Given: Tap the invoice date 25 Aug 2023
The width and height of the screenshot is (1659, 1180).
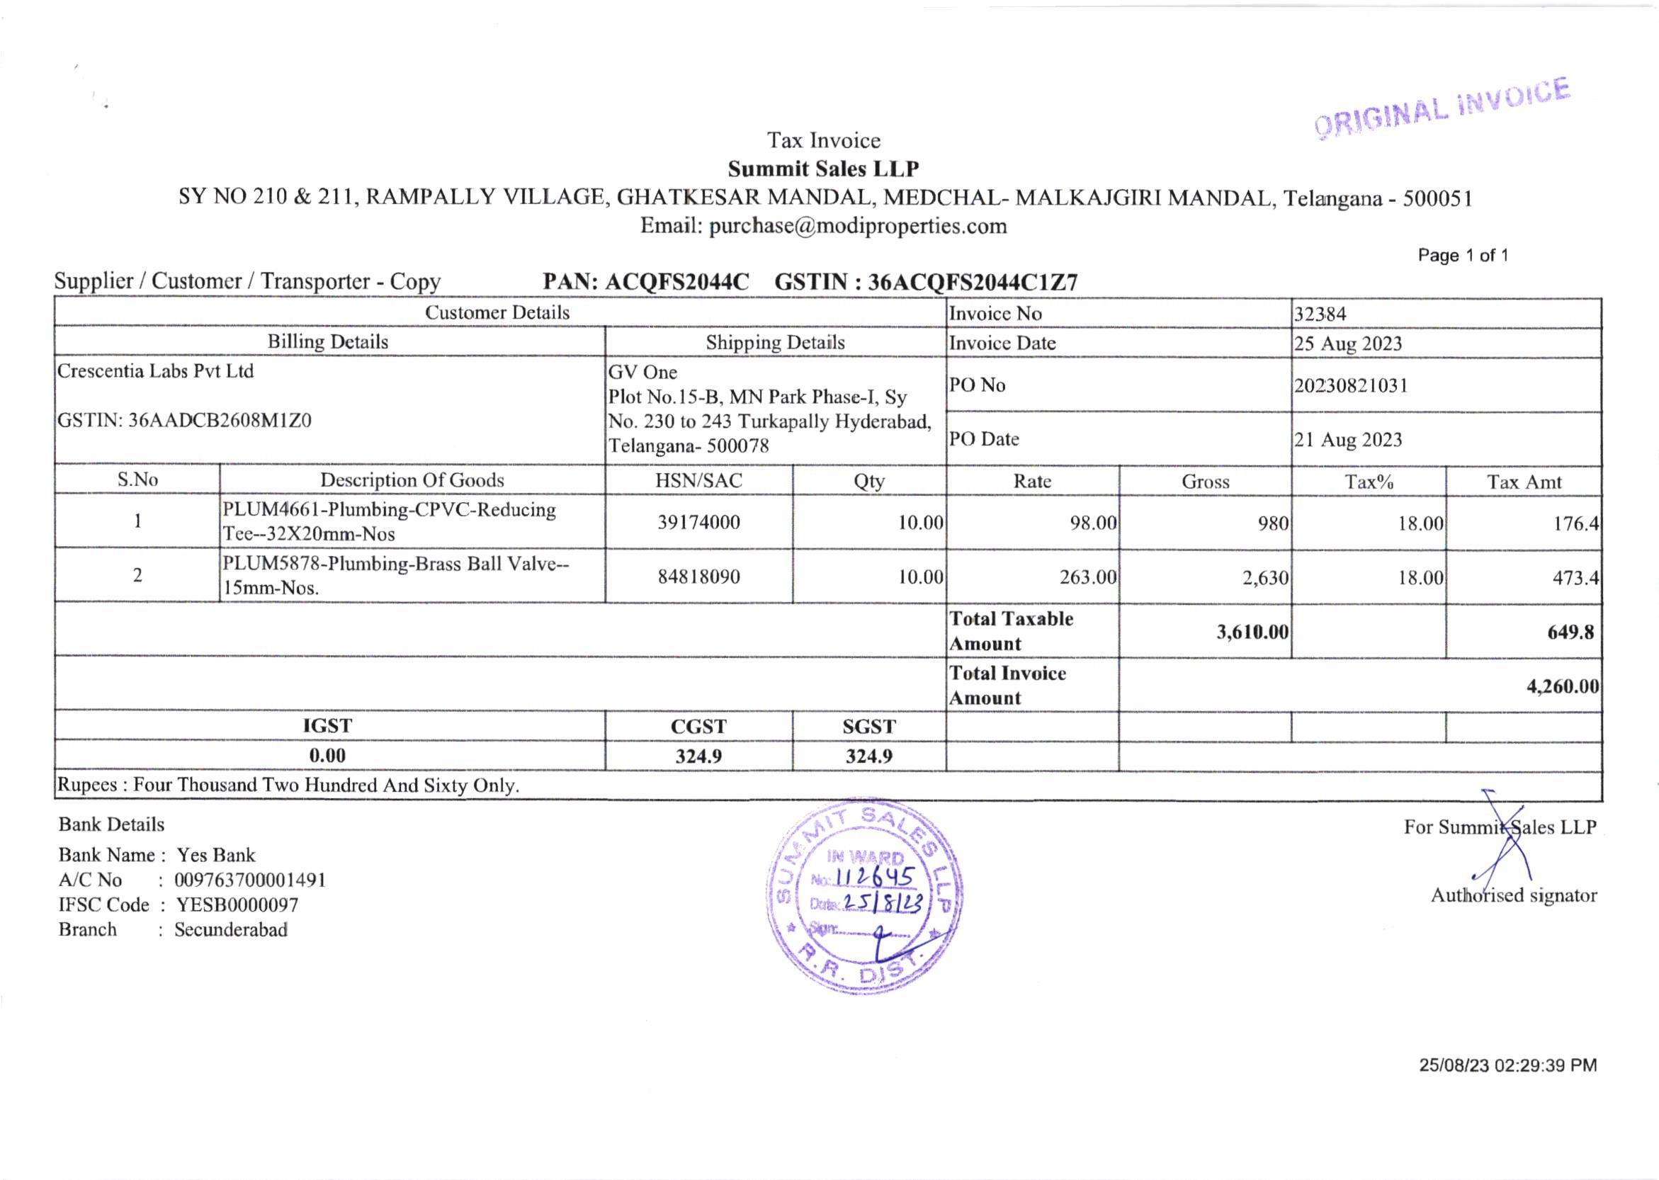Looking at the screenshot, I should coord(1347,344).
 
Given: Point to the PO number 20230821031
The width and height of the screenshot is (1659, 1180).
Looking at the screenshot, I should coord(1350,385).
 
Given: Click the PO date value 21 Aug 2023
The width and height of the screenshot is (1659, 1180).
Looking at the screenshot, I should coord(1347,440).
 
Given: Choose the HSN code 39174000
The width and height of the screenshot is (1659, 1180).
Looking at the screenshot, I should coord(698,523).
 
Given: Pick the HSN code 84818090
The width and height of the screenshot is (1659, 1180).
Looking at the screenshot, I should coord(698,577).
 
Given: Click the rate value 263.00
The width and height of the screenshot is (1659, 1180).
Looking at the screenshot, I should coord(1087,578).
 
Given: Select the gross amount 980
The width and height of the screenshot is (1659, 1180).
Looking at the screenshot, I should coord(1273,523).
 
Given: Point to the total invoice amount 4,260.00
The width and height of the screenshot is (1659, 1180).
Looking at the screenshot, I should coord(1562,686).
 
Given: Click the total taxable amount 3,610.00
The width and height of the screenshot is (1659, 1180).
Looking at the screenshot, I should coord(1252,631).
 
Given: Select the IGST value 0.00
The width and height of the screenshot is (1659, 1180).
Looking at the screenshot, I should coord(327,756).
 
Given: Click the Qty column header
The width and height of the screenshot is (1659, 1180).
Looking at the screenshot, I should coord(869,481).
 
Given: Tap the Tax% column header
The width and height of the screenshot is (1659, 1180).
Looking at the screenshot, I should coord(1369,482).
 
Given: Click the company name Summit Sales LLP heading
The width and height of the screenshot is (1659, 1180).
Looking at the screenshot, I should coord(823,169).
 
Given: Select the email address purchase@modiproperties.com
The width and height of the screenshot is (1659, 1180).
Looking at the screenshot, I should coord(857,226).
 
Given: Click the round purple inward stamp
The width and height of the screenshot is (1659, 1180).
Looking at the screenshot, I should coord(864,897).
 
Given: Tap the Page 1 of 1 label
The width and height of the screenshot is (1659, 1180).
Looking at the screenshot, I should coord(1463,256).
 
